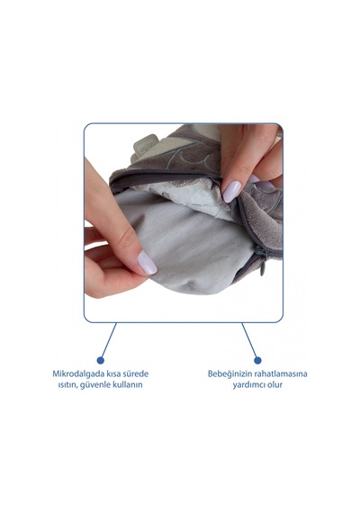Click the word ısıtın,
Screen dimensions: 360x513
pyautogui.click(x=67, y=384)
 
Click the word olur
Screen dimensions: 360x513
pyautogui.click(x=274, y=384)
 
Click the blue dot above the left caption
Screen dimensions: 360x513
pyautogui.click(x=101, y=360)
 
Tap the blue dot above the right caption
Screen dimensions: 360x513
pyautogui.click(x=258, y=360)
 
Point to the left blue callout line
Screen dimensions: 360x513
pyautogui.click(x=109, y=340)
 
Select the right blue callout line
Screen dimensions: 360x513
pyautogui.click(x=249, y=340)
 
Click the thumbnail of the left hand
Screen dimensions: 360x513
pyautogui.click(x=147, y=263)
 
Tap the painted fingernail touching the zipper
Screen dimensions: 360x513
pyautogui.click(x=231, y=192)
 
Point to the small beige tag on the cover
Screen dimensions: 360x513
pyautogui.click(x=143, y=148)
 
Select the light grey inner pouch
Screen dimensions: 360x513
pyautogui.click(x=184, y=242)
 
